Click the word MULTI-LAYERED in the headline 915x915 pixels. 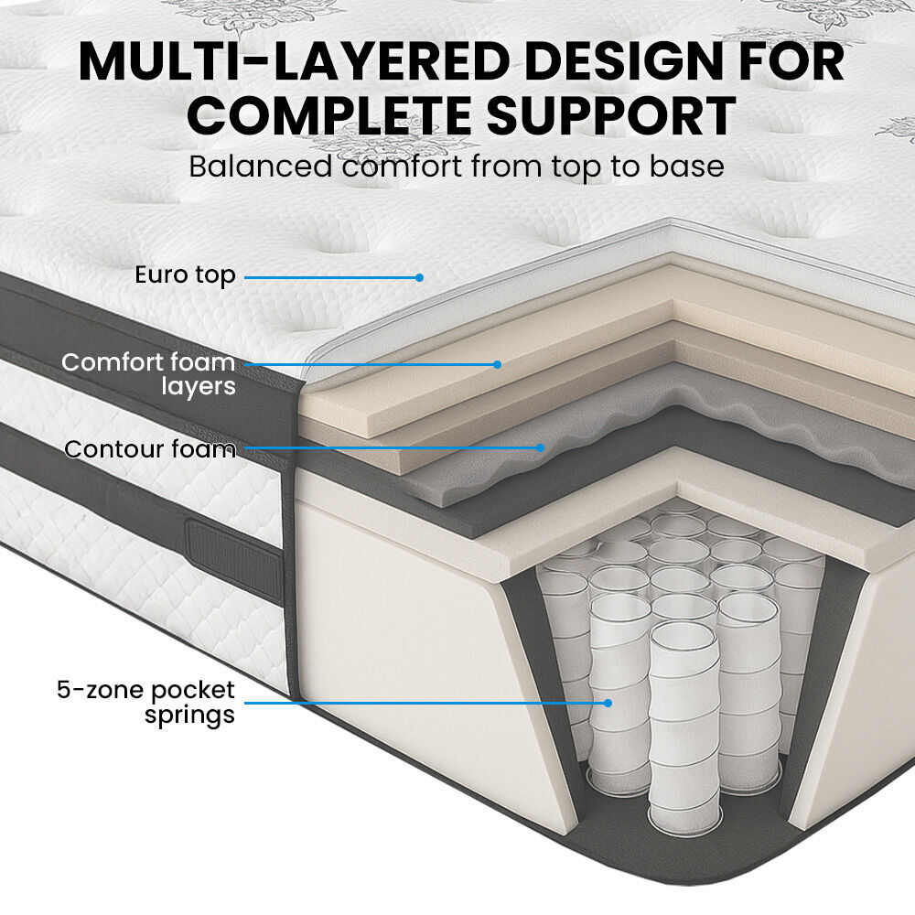click(274, 61)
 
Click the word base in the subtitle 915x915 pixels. click(686, 167)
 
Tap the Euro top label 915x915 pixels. click(185, 274)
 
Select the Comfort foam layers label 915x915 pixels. click(148, 374)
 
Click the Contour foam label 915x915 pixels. click(149, 449)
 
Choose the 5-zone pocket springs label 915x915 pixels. click(146, 702)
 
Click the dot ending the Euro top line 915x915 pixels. click(420, 275)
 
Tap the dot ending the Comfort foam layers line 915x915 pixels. click(497, 364)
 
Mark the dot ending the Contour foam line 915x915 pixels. click(541, 448)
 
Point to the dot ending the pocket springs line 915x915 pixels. click(607, 703)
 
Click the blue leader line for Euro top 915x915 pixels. click(329, 275)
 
